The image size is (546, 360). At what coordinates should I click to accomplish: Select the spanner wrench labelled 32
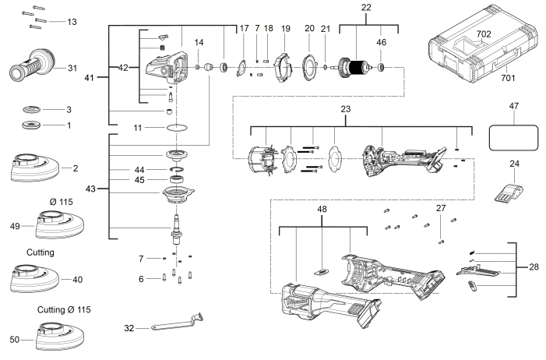[178, 322]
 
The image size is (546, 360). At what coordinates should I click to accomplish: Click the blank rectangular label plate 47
[513, 138]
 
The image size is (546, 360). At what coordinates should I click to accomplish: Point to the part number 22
[366, 7]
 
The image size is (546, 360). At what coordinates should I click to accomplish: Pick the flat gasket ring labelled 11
[178, 128]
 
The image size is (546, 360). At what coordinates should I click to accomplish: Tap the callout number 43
[90, 189]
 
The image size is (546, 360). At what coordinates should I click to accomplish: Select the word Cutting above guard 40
[41, 252]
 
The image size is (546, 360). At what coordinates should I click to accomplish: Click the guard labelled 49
[59, 224]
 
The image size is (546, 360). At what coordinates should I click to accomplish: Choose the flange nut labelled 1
[31, 125]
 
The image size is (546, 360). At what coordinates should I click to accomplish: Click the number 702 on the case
[484, 34]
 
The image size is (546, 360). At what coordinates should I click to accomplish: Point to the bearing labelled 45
[177, 180]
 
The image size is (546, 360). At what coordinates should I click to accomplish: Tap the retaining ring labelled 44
[178, 169]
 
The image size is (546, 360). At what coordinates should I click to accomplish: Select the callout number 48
[322, 209]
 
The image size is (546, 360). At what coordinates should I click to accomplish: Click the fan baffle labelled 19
[283, 69]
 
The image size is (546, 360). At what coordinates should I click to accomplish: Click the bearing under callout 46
[381, 67]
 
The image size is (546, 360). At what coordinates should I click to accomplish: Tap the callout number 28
[534, 267]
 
